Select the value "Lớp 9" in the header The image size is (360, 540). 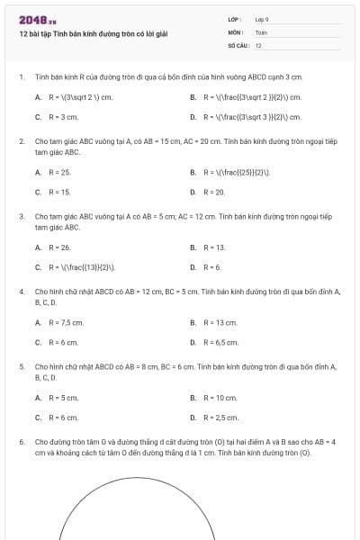[x=262, y=19]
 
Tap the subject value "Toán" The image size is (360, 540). [x=261, y=31]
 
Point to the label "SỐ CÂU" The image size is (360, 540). [x=238, y=44]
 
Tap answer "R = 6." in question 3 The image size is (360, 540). [x=212, y=267]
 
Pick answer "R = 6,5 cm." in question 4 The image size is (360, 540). [x=220, y=343]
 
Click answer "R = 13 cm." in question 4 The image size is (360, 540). [x=219, y=322]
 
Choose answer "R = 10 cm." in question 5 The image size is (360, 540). [x=219, y=397]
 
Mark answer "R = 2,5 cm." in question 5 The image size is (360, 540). [x=220, y=418]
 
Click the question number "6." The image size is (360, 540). [x=21, y=442]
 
